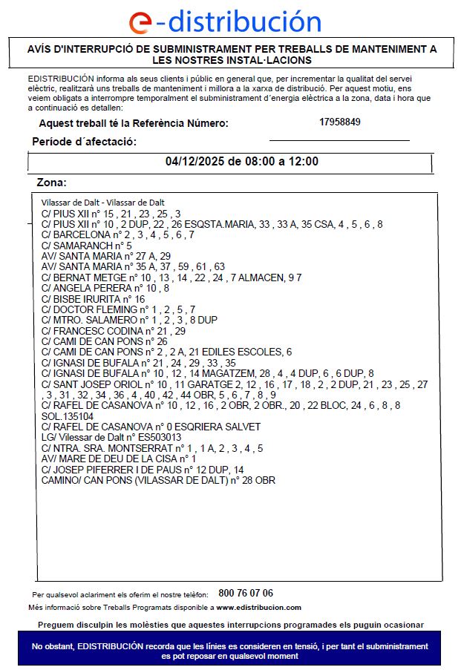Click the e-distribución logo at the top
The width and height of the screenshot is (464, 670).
pos(225,22)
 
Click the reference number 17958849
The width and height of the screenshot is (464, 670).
pos(340,122)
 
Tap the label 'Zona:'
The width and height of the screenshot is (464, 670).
pos(52,183)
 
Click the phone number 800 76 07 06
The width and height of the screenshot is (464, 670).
pos(246,594)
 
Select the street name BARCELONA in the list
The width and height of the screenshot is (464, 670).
pos(76,234)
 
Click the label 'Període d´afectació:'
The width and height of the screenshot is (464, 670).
pos(84,142)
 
